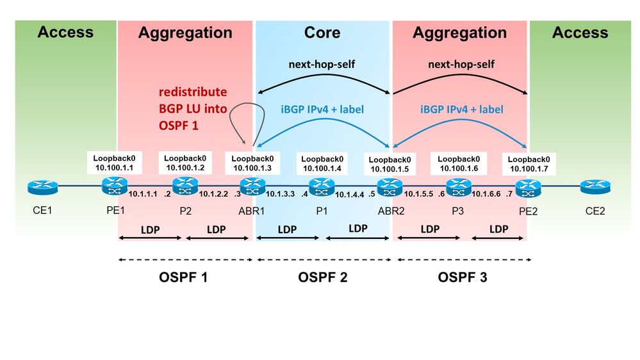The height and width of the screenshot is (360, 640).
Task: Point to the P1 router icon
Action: point(318,187)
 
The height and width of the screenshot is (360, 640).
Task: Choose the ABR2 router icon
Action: point(388,187)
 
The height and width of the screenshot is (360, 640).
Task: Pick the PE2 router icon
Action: point(527,187)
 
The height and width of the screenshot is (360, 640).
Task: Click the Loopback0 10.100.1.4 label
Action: point(321,163)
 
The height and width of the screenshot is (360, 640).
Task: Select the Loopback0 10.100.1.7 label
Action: point(529,164)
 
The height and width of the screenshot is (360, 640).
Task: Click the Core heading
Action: point(322,33)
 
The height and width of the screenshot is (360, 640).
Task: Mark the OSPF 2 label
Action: point(322,277)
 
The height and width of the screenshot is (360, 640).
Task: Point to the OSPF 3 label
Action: point(463,277)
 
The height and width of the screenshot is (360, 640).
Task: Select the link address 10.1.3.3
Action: point(281,193)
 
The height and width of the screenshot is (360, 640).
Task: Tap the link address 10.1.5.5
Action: point(419,193)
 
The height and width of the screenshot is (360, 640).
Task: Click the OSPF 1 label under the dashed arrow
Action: point(183,277)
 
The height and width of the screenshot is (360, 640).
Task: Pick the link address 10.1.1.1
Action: point(143,193)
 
